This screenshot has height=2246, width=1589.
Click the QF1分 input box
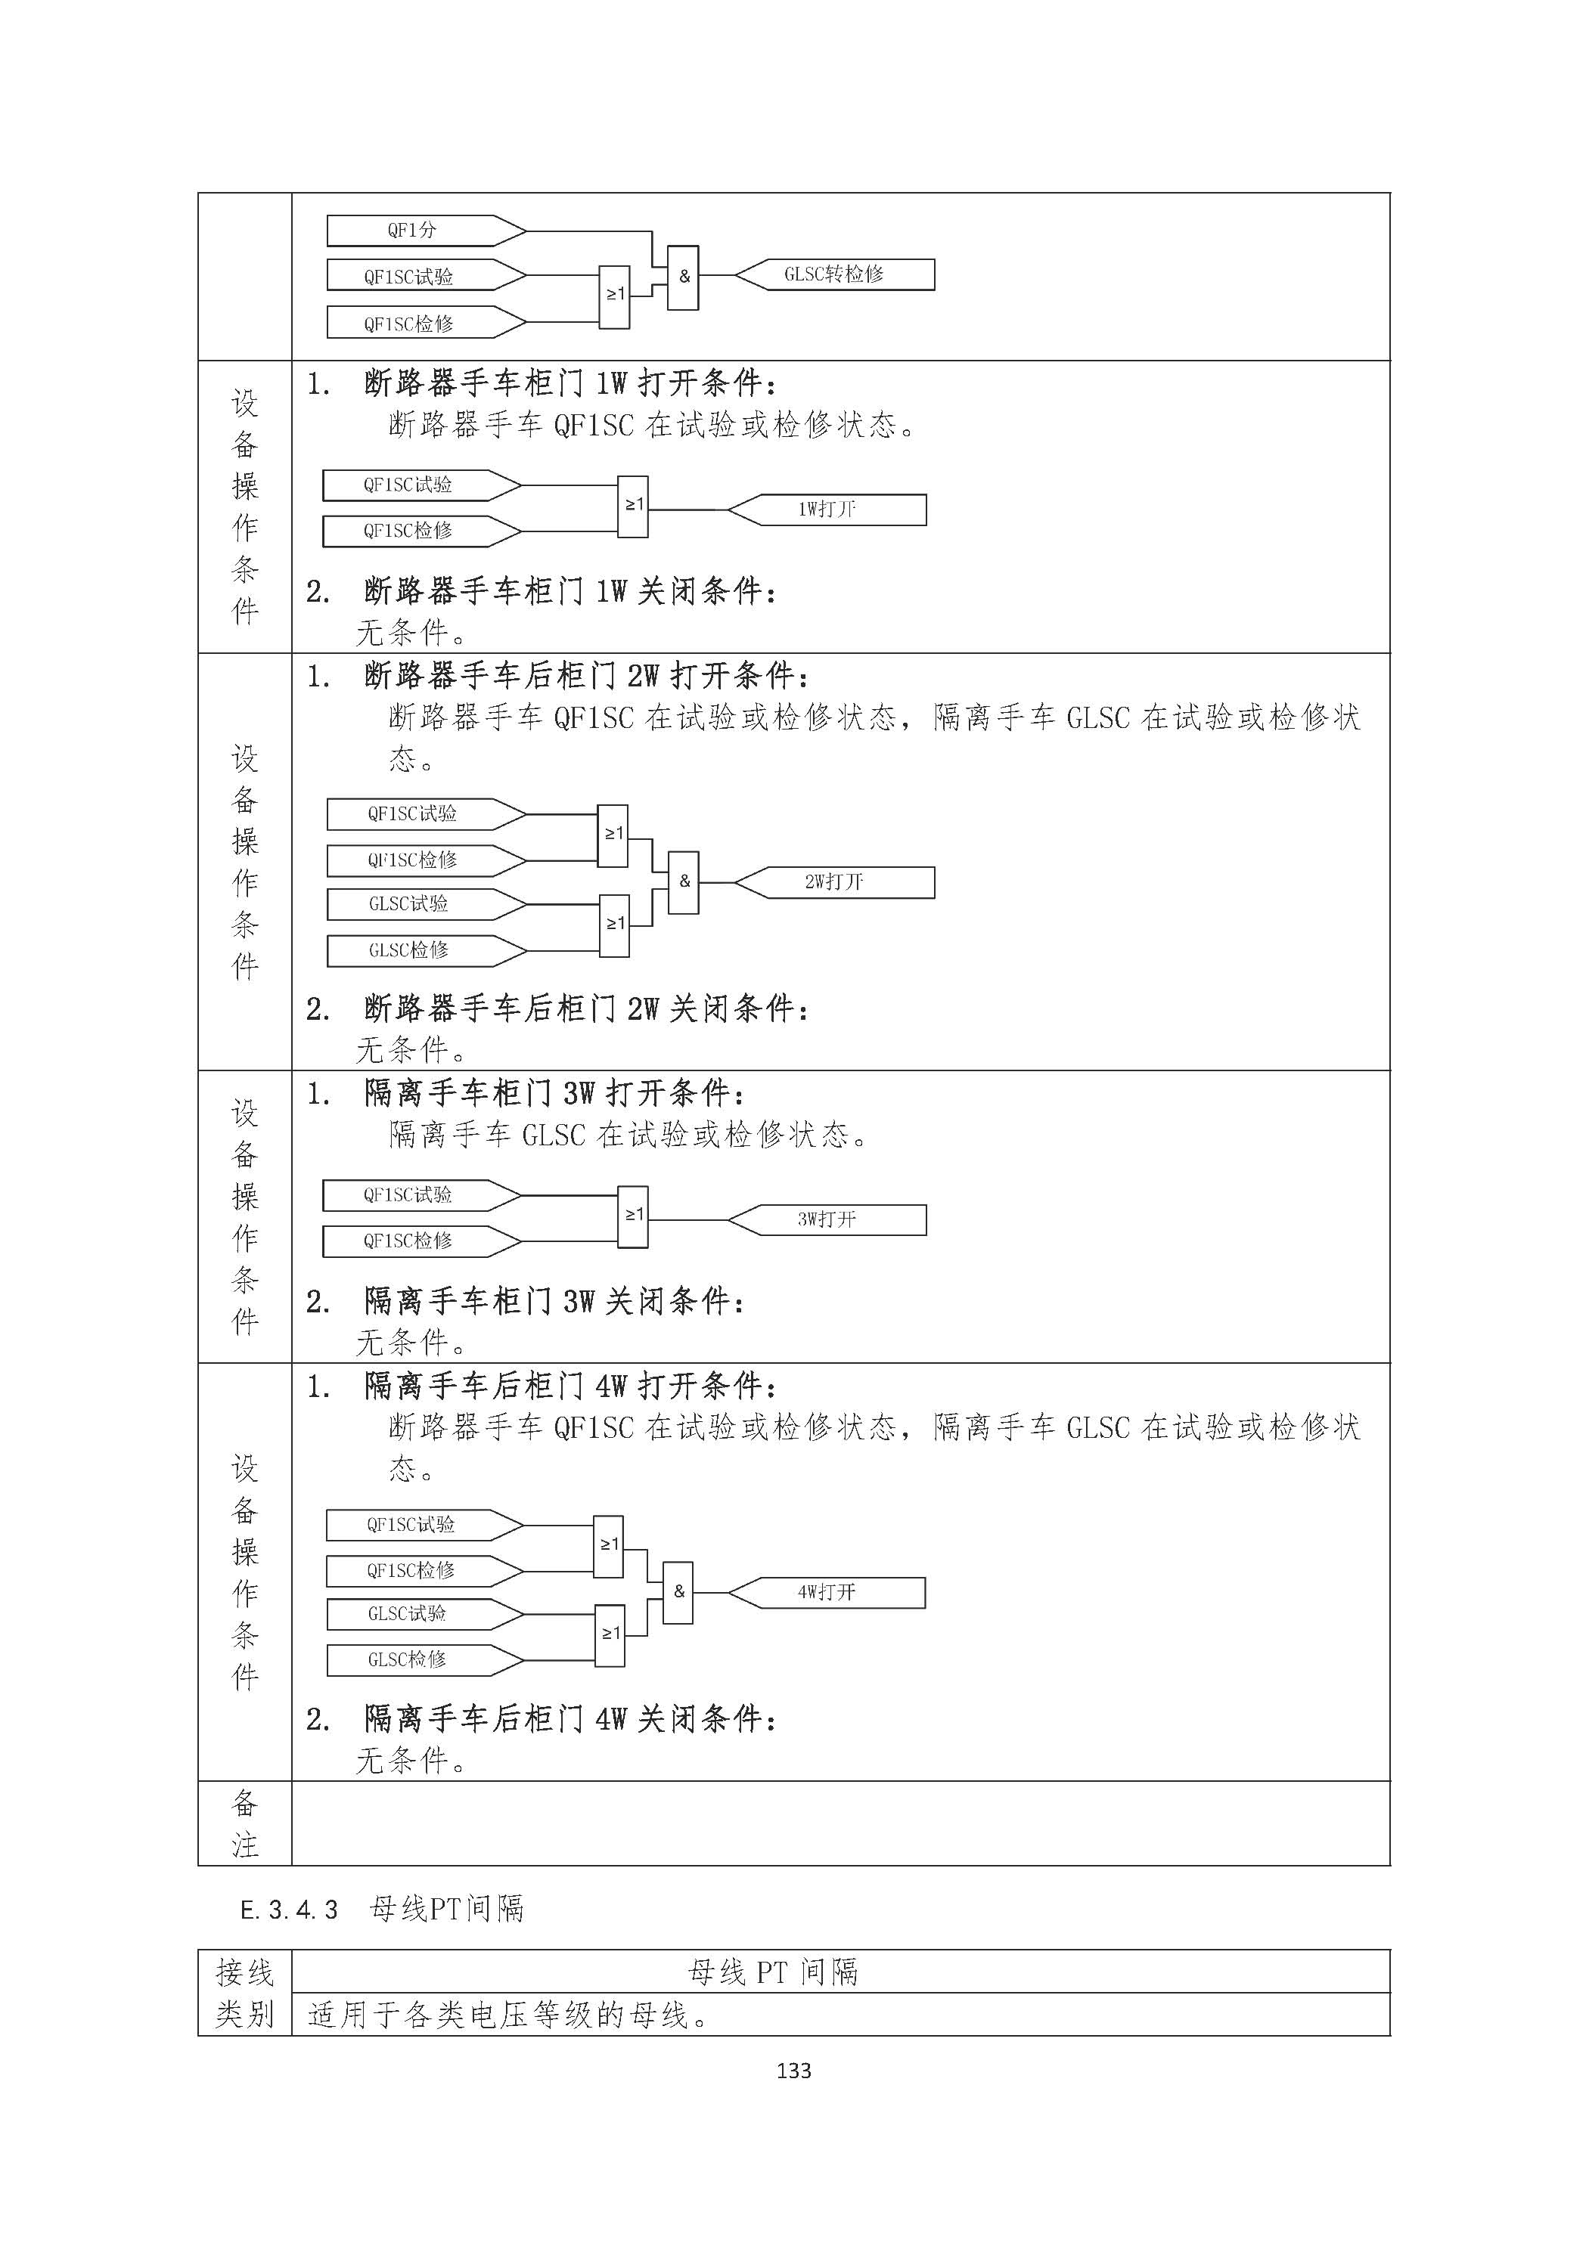click(426, 231)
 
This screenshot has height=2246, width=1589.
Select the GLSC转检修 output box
click(835, 275)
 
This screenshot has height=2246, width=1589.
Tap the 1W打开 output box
click(827, 510)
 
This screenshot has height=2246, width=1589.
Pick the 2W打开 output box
click(835, 882)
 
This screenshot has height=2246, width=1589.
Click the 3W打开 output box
click(827, 1220)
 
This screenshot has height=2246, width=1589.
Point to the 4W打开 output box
click(827, 1593)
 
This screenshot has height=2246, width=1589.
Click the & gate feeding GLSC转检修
click(683, 277)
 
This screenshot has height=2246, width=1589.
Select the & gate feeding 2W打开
click(683, 882)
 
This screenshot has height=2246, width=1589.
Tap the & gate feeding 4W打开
click(678, 1593)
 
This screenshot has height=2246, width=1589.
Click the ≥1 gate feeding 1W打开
click(633, 507)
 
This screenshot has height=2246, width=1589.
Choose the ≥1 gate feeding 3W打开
click(633, 1217)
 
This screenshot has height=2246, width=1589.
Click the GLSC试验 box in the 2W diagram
click(426, 905)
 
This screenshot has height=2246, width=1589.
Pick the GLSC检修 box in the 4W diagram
click(424, 1660)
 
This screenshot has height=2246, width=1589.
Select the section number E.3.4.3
click(289, 1909)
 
